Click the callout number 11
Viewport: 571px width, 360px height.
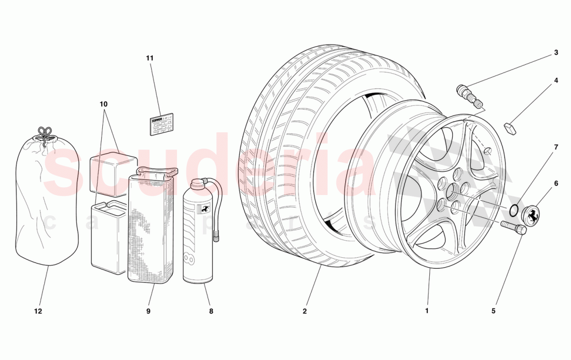[150, 58]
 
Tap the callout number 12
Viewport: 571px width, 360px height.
[38, 311]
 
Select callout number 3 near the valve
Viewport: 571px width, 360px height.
[555, 52]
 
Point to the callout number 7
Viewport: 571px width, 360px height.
[555, 147]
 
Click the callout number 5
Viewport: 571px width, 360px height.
[493, 311]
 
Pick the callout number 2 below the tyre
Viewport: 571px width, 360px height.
[305, 311]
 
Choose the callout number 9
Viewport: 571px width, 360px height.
[148, 311]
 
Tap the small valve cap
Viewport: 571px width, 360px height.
[510, 128]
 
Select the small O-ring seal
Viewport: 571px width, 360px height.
[513, 210]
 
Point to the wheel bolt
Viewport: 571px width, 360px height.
[514, 228]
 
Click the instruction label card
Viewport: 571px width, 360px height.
[161, 124]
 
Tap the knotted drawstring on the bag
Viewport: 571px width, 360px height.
[47, 133]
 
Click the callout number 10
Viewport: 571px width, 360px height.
[103, 104]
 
